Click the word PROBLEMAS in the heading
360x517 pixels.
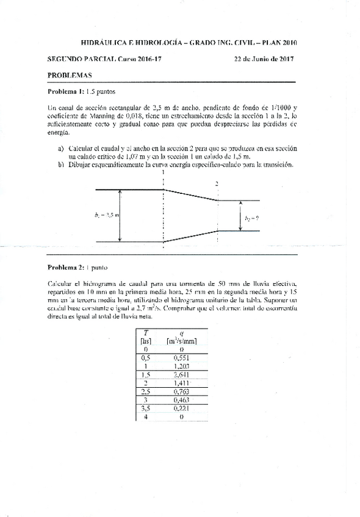click(x=69, y=76)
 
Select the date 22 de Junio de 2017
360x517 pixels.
click(x=264, y=59)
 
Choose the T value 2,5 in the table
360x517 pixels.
click(x=145, y=391)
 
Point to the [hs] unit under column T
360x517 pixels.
click(x=145, y=341)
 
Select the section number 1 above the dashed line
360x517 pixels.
click(x=164, y=173)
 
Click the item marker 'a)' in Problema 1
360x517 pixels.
click(x=61, y=148)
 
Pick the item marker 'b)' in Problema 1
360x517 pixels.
click(x=61, y=164)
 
